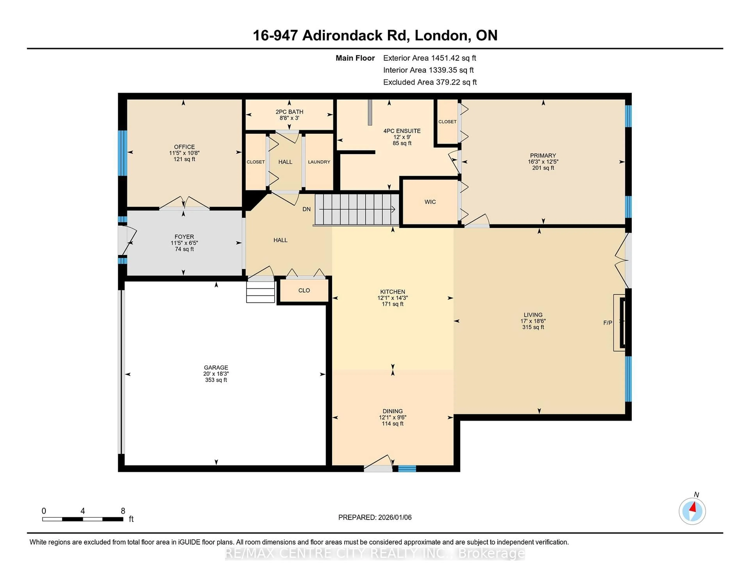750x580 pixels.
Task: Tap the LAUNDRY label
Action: tap(319, 162)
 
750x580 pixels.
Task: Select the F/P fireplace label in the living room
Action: tap(607, 323)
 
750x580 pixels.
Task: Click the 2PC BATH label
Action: tap(289, 112)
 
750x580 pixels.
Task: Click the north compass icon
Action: tap(692, 511)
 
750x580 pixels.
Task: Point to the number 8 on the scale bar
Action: tap(123, 511)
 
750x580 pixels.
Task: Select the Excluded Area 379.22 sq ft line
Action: tap(430, 82)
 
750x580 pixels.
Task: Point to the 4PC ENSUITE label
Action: tap(402, 131)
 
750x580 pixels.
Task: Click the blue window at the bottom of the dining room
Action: tap(407, 468)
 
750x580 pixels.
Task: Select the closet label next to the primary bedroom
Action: tap(447, 122)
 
